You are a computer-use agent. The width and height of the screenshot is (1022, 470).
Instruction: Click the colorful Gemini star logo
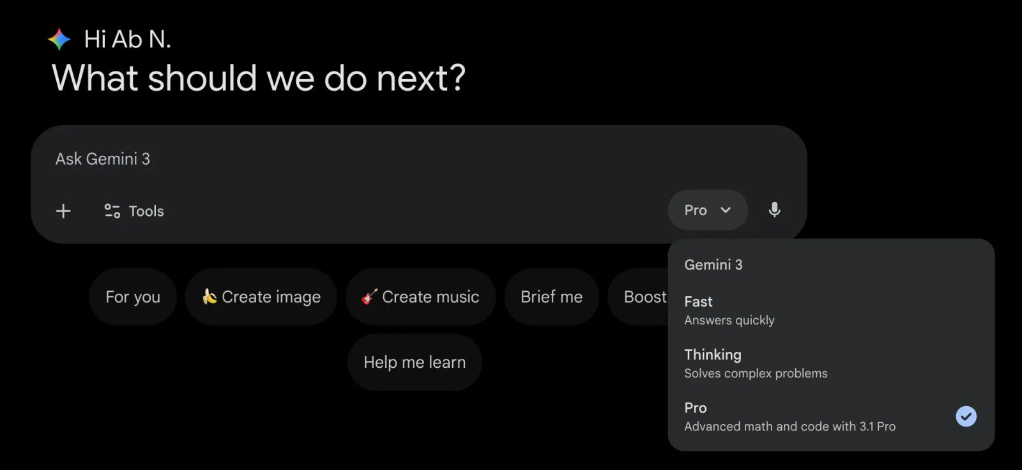(x=59, y=39)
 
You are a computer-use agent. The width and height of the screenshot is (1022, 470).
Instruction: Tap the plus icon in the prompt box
(x=63, y=211)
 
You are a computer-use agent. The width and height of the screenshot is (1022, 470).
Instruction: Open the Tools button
(x=133, y=211)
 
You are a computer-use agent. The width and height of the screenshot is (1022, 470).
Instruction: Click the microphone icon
(x=774, y=210)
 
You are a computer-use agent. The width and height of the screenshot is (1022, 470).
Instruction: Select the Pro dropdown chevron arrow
(x=726, y=210)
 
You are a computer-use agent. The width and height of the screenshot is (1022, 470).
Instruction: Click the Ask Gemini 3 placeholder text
(x=103, y=159)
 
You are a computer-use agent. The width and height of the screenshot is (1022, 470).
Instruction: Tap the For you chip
(x=133, y=296)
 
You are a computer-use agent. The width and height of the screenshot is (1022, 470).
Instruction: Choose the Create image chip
(x=261, y=296)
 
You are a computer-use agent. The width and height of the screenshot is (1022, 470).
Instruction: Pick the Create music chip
(x=420, y=296)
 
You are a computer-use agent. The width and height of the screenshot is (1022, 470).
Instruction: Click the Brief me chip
(x=552, y=296)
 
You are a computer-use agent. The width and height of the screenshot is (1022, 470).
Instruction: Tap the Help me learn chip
(x=415, y=362)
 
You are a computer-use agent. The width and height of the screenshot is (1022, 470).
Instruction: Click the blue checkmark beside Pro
(x=966, y=416)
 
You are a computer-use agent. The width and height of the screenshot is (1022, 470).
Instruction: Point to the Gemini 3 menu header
(x=713, y=264)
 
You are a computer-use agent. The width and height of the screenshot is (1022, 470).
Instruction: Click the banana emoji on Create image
(x=209, y=296)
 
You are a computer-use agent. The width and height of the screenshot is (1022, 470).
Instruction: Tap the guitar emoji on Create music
(x=370, y=296)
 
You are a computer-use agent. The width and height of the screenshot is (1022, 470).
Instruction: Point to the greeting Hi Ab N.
(x=127, y=39)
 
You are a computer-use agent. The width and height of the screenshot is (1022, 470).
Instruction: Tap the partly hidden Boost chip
(x=639, y=296)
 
